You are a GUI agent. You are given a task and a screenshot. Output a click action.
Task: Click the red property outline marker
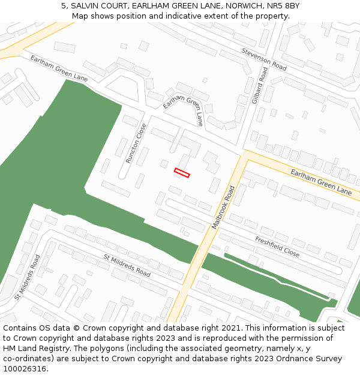click(182, 173)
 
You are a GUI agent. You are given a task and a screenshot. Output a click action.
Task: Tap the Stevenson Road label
click(264, 59)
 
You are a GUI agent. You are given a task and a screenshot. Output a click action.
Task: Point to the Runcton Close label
click(136, 143)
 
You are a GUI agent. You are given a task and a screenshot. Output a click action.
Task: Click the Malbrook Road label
click(224, 207)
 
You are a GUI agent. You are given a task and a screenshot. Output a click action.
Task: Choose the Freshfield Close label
click(277, 247)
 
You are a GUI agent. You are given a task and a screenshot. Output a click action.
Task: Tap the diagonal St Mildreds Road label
click(127, 265)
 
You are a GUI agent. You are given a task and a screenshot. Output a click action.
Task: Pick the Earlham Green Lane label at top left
click(59, 68)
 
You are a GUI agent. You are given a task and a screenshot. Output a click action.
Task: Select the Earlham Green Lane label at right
click(321, 182)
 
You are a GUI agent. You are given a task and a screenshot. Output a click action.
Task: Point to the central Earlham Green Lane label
click(183, 110)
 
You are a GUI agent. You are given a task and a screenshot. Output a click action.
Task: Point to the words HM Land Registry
click(37, 349)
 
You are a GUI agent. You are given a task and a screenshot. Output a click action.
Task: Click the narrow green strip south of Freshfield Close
click(276, 276)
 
